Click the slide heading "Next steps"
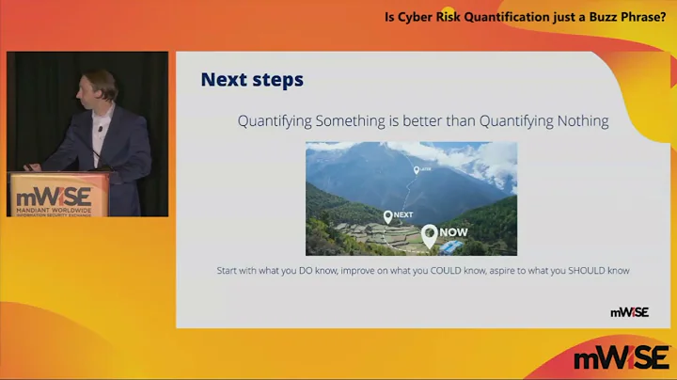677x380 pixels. coord(252,80)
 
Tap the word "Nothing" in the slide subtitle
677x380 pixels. coord(575,120)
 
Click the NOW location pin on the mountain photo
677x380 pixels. coord(429,235)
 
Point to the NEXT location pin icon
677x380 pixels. coord(386,217)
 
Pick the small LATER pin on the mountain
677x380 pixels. coord(416,170)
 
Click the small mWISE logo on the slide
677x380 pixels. coord(629,312)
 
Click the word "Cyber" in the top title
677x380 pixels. coord(417,16)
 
